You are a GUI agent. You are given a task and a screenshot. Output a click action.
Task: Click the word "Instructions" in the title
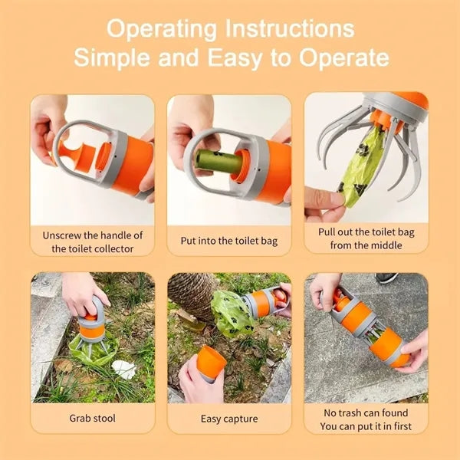(290, 29)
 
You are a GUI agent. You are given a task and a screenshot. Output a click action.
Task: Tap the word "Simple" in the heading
(112, 58)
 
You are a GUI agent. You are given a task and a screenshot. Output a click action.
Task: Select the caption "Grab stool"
(93, 418)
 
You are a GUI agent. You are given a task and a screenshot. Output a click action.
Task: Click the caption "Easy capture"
(229, 419)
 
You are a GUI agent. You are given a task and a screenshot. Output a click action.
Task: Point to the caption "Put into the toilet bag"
(229, 241)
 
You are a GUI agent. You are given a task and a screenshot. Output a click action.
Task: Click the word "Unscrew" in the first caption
(61, 235)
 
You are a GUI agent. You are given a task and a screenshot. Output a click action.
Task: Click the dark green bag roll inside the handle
(219, 160)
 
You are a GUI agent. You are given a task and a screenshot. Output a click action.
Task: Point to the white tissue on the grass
(123, 369)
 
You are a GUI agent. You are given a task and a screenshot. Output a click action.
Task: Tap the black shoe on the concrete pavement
(386, 278)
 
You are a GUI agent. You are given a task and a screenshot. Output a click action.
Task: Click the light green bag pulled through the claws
(363, 167)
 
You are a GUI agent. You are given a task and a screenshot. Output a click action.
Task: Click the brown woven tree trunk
(192, 295)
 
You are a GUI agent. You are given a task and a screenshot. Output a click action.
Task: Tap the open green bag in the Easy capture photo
(232, 314)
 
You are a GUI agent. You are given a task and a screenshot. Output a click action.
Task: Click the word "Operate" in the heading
(344, 58)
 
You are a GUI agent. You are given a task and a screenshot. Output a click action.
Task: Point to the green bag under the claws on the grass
(94, 350)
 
